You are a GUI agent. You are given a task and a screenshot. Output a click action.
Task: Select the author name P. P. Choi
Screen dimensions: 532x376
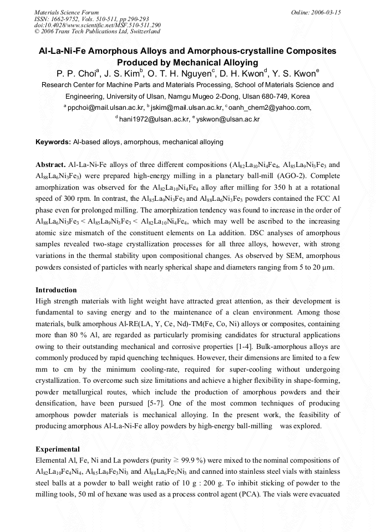pyautogui.click(x=77, y=73)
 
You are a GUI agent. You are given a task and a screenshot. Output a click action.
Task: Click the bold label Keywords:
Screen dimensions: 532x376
pyautogui.click(x=53, y=142)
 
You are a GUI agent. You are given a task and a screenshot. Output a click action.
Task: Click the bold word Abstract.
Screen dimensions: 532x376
pyautogui.click(x=51, y=165)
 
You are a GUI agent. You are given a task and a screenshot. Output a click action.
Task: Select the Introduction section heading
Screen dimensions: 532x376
pyautogui.click(x=56, y=290)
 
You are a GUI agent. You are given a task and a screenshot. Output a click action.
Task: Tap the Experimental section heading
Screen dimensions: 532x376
pyautogui.click(x=58, y=449)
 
